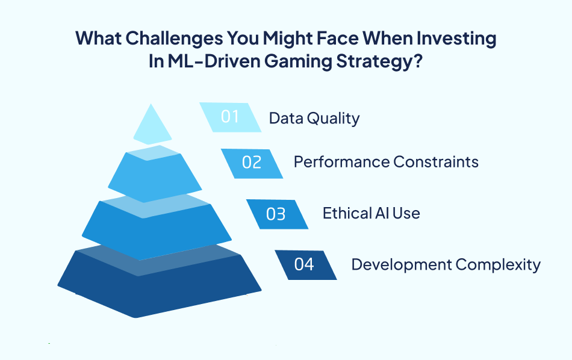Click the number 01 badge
230,117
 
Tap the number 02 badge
251,163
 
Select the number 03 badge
276,214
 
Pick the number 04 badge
305,264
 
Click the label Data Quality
314,117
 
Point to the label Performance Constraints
386,162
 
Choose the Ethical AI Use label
371,213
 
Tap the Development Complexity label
446,264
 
